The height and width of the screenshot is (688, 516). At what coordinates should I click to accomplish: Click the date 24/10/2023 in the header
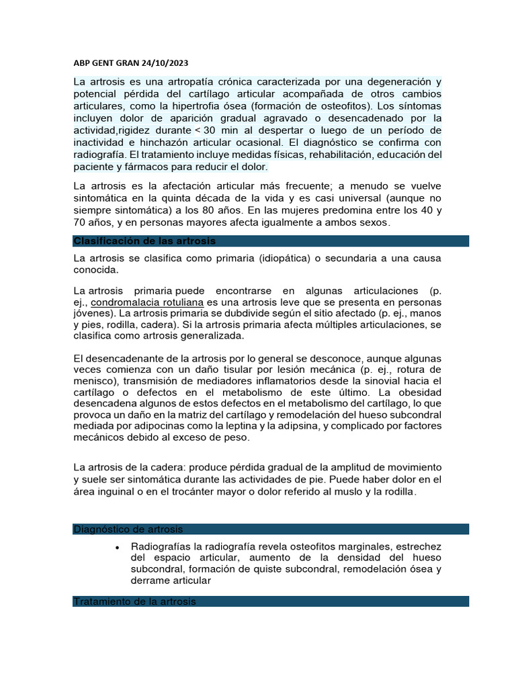165,64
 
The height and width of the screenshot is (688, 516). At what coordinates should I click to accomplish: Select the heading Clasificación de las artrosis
144,241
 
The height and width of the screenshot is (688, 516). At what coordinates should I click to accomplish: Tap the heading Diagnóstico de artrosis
128,529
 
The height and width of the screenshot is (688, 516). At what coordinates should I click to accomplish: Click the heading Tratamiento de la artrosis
134,602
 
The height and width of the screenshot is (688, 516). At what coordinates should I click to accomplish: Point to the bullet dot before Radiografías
118,547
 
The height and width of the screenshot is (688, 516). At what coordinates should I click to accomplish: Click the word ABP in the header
81,64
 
